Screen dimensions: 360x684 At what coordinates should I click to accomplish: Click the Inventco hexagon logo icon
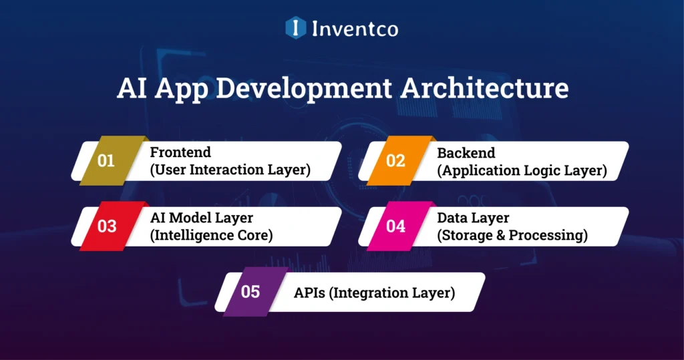tap(295, 28)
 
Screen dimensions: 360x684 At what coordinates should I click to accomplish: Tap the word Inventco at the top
tap(355, 29)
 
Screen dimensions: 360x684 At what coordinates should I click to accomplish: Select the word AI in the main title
tap(132, 89)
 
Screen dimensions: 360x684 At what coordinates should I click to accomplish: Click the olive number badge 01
tap(107, 161)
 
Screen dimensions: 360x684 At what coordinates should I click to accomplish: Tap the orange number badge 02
tap(395, 161)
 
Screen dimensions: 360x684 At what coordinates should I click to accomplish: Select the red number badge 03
tap(107, 226)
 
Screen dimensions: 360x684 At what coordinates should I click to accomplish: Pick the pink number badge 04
tap(395, 226)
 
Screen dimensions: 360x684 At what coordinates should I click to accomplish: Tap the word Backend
tap(466, 152)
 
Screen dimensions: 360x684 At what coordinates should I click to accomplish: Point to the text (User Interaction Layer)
tap(230, 170)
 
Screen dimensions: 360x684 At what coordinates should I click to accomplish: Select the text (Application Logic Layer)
tap(522, 170)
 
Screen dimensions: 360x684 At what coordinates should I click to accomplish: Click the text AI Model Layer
tap(201, 218)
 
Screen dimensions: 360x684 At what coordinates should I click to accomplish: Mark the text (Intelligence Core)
tap(212, 235)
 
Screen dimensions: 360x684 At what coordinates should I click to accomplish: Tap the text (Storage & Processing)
tap(512, 235)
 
